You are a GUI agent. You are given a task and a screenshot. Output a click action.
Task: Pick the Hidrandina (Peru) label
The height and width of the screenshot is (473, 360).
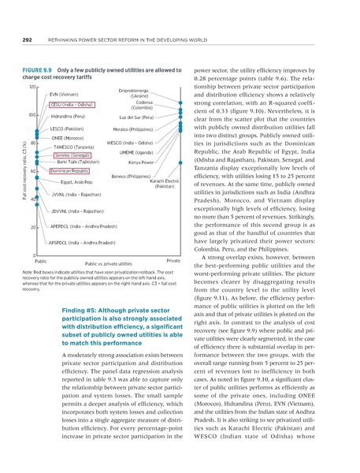click(69, 115)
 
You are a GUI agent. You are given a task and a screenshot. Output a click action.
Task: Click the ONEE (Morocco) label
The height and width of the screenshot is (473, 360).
click(66, 138)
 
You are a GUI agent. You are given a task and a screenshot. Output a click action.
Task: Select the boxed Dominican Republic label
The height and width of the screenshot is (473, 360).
click(69, 170)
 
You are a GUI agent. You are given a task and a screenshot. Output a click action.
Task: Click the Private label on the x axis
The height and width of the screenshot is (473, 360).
click(174, 259)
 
